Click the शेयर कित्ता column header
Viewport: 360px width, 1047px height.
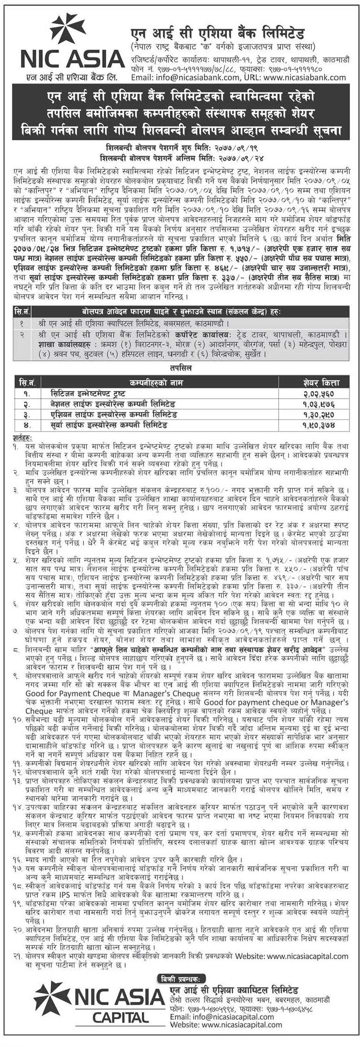(322, 383)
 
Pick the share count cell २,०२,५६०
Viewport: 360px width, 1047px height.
(322, 394)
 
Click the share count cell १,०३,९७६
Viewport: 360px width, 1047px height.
(322, 404)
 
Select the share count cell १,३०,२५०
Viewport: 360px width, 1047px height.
(322, 415)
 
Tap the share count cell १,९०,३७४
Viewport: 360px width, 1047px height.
(322, 425)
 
